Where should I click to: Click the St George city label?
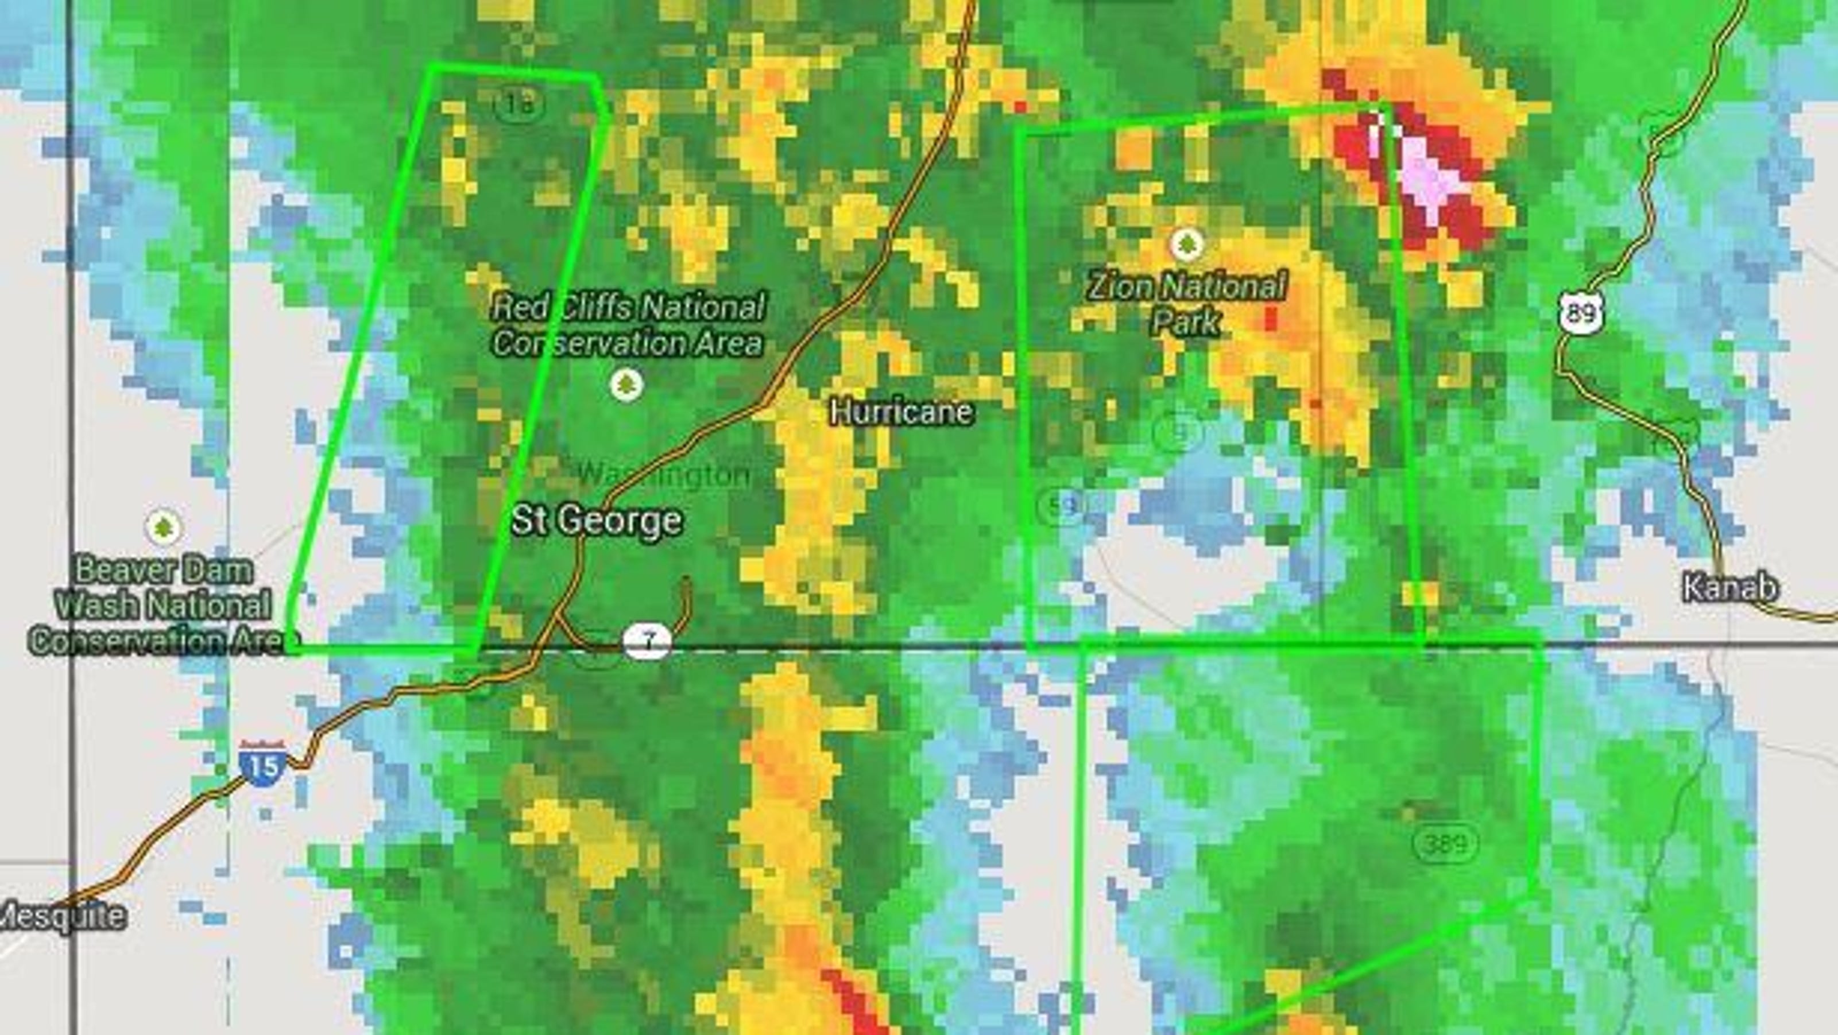coord(597,521)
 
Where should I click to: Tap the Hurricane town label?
coord(901,412)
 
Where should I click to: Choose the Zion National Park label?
coord(1186,303)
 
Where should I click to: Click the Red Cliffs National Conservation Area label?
coord(628,325)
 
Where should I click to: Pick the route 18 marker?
coord(518,104)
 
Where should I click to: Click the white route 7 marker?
coord(647,641)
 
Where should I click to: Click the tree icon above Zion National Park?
coord(1186,245)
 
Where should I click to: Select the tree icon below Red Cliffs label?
coord(626,385)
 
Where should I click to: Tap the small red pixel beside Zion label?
coord(1270,318)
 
